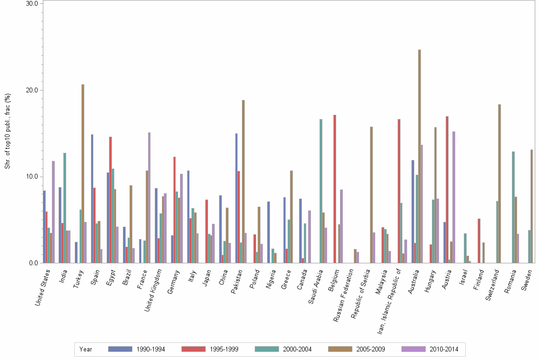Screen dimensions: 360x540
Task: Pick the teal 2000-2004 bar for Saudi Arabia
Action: (x=321, y=190)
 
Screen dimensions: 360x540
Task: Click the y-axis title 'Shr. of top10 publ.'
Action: (x=7, y=131)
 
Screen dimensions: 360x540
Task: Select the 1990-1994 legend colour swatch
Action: (x=120, y=349)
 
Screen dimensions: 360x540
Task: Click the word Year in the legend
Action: (x=86, y=349)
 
